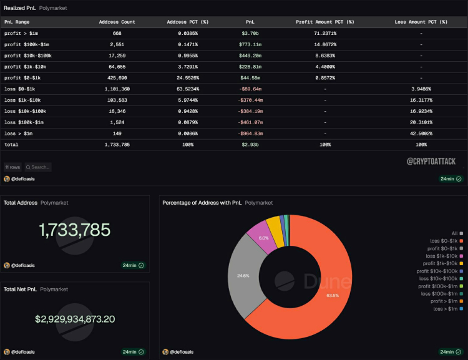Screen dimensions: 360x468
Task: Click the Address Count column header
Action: click(x=117, y=22)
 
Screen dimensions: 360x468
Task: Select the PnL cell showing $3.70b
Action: click(x=251, y=33)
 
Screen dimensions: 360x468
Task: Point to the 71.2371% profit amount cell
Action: click(x=324, y=33)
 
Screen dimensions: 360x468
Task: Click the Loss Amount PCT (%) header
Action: click(x=421, y=22)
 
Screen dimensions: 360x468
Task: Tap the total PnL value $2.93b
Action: click(x=251, y=144)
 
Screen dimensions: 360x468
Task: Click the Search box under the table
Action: click(x=40, y=167)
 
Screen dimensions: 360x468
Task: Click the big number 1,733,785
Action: click(x=75, y=230)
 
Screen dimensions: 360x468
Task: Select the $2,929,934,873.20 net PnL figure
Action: click(x=75, y=319)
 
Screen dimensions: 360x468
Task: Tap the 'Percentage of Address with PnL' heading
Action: click(x=201, y=203)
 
